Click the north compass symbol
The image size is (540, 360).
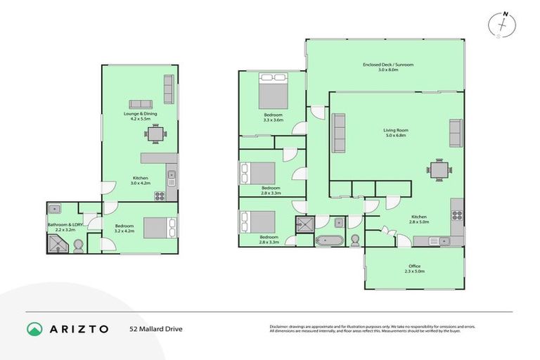(501, 24)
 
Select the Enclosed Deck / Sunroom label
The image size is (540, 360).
(388, 67)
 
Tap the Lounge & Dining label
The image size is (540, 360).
(140, 116)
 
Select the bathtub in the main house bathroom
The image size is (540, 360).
(328, 241)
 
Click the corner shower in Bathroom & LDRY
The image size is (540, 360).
(57, 243)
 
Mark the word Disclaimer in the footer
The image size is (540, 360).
(281, 326)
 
